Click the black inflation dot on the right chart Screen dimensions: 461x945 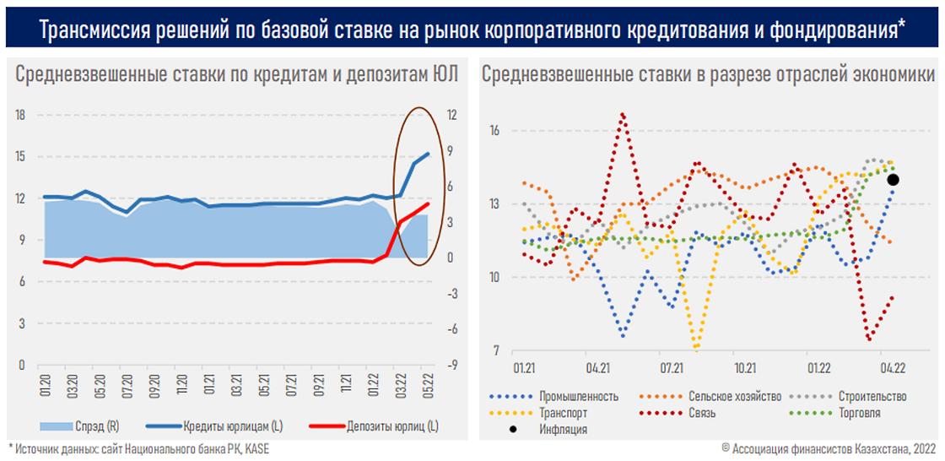(893, 179)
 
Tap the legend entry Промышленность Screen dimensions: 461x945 (578, 396)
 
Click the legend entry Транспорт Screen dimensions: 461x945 (563, 413)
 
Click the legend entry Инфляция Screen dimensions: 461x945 (562, 429)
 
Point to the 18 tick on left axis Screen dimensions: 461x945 (21, 115)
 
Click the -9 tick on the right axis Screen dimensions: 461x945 (452, 366)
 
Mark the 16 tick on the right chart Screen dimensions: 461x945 (494, 130)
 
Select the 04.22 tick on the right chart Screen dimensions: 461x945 (893, 368)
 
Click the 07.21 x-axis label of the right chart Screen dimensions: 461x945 (672, 368)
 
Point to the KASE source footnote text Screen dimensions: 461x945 (256, 447)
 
